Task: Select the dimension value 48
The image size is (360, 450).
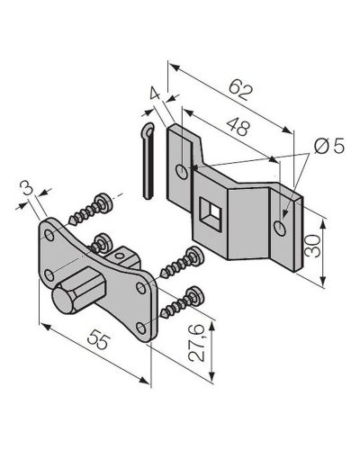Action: [238, 127]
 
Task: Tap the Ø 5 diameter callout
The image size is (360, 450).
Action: [329, 147]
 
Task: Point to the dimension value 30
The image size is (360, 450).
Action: [312, 247]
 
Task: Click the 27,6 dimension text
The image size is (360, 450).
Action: [197, 343]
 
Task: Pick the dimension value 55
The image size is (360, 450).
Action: [99, 339]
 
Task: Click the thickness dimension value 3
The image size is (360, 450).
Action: [27, 188]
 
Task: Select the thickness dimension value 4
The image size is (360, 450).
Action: [155, 94]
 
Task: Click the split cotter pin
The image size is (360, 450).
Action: [148, 161]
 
